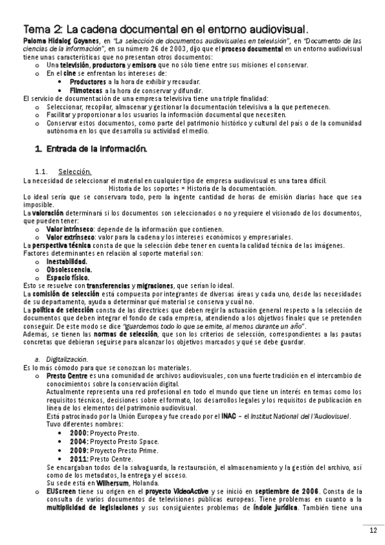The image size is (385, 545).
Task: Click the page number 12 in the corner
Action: click(373, 530)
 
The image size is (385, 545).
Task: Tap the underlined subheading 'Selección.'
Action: click(75, 172)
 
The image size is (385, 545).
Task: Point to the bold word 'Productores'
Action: click(88, 82)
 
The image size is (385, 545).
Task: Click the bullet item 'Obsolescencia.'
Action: click(69, 270)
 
